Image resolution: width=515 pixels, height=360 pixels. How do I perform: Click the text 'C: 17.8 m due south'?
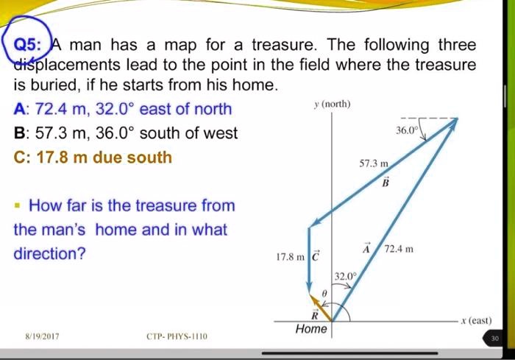[x=93, y=157]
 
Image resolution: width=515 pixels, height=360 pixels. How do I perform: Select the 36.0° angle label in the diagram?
[x=405, y=129]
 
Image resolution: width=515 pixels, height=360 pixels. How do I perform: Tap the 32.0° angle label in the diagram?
[x=344, y=275]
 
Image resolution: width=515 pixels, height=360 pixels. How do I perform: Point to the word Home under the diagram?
[x=310, y=329]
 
